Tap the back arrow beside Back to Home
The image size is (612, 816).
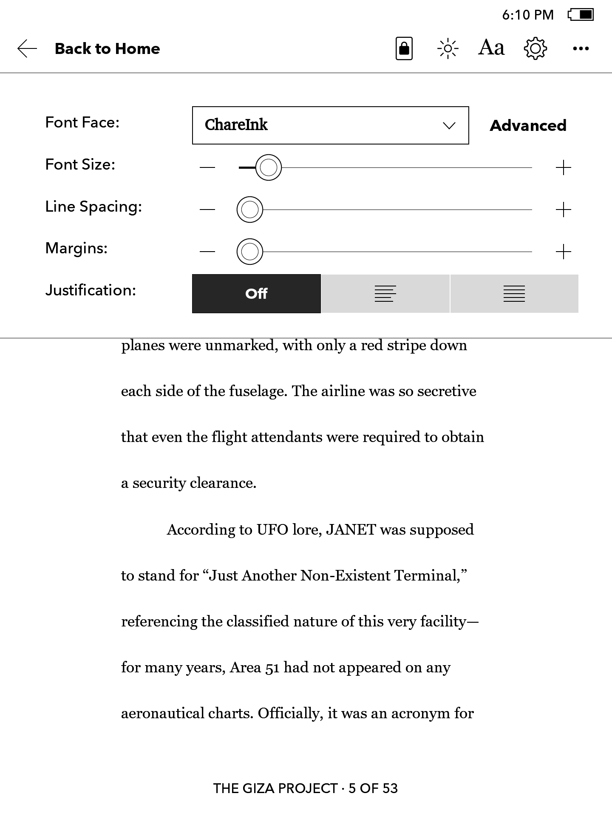pyautogui.click(x=27, y=48)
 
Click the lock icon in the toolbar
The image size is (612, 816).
pyautogui.click(x=404, y=48)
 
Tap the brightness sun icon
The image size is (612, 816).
pyautogui.click(x=448, y=48)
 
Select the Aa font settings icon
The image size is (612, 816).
pyautogui.click(x=491, y=48)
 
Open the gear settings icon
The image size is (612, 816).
pyautogui.click(x=535, y=48)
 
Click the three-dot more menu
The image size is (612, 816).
pyautogui.click(x=581, y=48)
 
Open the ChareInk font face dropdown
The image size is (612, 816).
pyautogui.click(x=330, y=125)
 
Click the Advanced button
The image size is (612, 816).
pyautogui.click(x=528, y=126)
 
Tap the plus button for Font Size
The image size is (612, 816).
pyautogui.click(x=563, y=168)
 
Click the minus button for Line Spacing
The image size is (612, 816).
pyautogui.click(x=207, y=210)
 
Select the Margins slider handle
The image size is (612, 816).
pyautogui.click(x=250, y=252)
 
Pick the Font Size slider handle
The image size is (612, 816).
pyautogui.click(x=269, y=168)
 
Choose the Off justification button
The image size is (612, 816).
pyautogui.click(x=256, y=294)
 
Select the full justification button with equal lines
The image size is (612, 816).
pyautogui.click(x=514, y=294)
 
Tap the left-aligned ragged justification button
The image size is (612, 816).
pyautogui.click(x=385, y=294)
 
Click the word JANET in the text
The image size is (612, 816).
pyautogui.click(x=351, y=530)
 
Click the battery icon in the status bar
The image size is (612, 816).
pyautogui.click(x=581, y=15)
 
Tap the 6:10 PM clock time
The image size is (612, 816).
pyautogui.click(x=528, y=15)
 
